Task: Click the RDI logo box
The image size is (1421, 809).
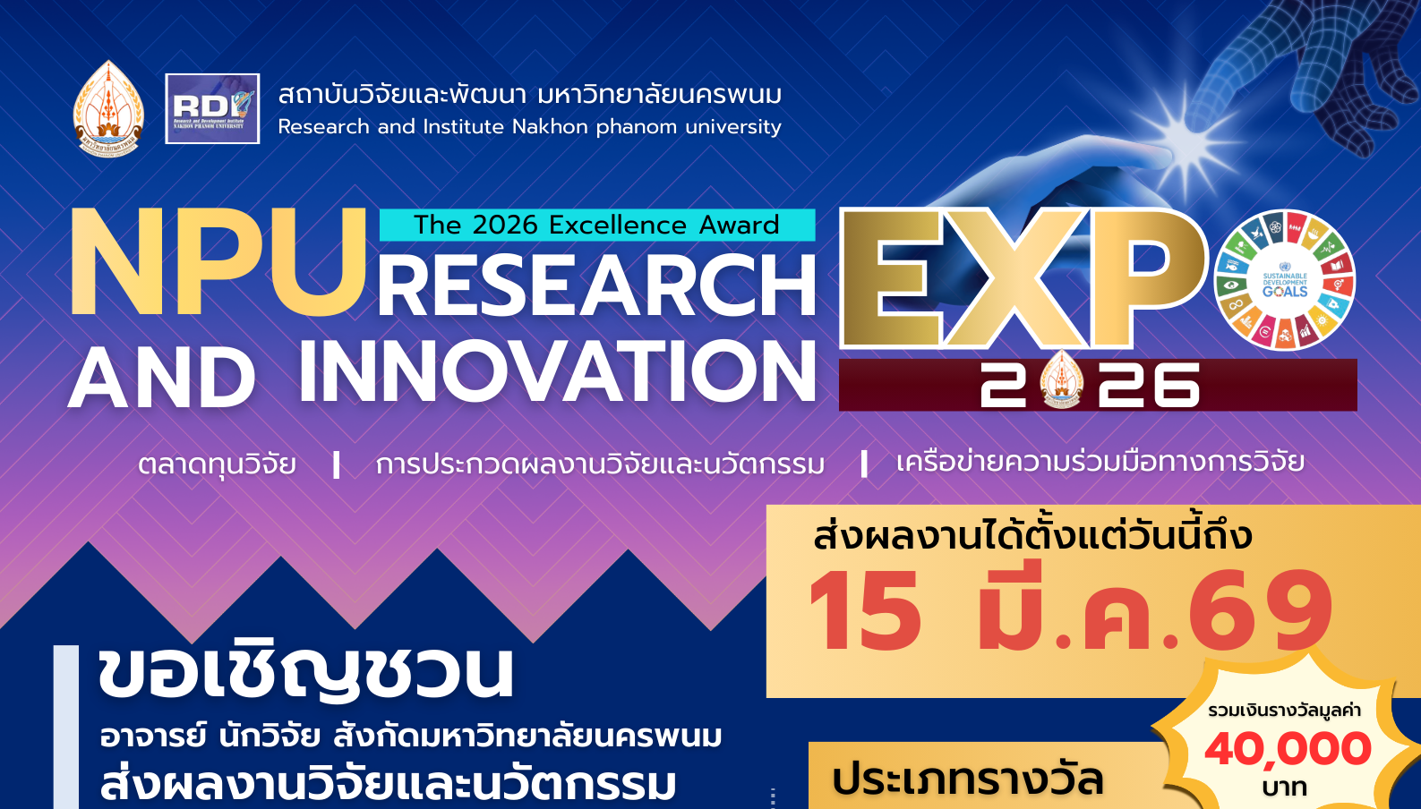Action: [212, 108]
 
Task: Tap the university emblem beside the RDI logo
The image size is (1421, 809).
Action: [108, 109]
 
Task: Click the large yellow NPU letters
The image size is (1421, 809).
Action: [218, 263]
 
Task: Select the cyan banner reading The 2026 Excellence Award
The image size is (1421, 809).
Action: [596, 225]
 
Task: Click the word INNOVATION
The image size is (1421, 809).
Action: [557, 372]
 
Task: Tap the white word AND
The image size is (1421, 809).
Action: [162, 379]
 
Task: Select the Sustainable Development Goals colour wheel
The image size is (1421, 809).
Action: [1284, 280]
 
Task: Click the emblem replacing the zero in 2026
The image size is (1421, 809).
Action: [1062, 381]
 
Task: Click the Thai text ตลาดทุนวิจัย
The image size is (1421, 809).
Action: [217, 464]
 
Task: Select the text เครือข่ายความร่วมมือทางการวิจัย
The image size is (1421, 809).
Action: [1100, 462]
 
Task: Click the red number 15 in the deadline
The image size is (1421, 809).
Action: [865, 612]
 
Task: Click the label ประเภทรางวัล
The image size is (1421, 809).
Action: [967, 779]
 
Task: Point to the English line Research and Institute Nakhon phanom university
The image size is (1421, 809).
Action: [529, 127]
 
